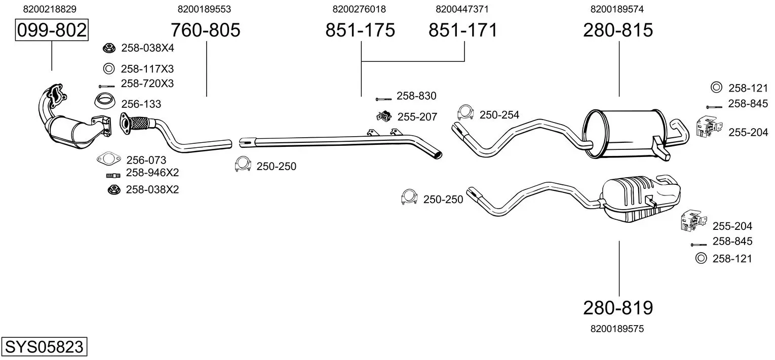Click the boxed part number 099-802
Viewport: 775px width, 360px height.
pos(52,30)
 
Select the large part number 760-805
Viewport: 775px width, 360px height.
pos(206,30)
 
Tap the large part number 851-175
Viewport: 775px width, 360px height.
pos(360,30)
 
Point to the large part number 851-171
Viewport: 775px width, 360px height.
pos(463,30)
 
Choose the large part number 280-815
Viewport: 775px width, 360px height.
pos(618,30)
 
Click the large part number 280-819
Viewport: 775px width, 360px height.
pos(618,308)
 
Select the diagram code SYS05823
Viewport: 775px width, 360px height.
pos(44,346)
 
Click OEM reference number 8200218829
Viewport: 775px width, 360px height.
pos(50,9)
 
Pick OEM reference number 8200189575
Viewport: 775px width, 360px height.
pos(617,329)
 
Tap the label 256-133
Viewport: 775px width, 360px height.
pos(141,104)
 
